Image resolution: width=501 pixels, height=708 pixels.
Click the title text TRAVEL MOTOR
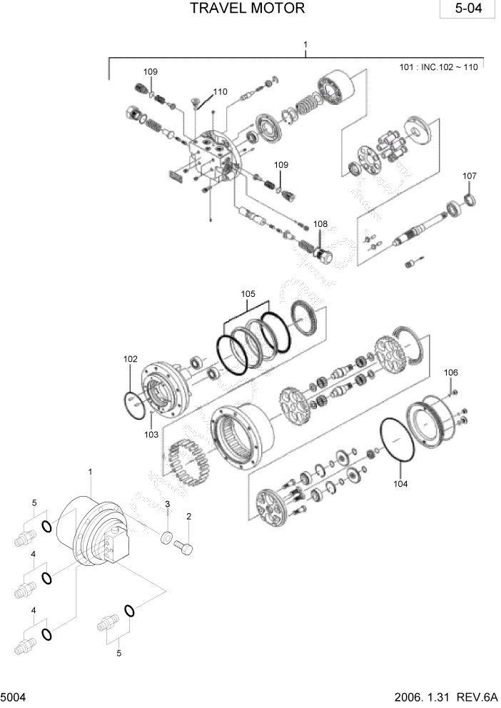(248, 9)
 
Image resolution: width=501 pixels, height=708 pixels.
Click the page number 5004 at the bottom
(14, 695)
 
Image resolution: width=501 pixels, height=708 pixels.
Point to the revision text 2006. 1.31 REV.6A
(442, 695)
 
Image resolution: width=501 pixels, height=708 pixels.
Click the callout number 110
(220, 91)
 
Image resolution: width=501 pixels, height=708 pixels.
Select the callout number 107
(469, 176)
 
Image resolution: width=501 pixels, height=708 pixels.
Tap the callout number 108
(320, 224)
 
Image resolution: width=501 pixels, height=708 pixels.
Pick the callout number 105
(248, 293)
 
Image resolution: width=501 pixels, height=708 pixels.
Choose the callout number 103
(151, 434)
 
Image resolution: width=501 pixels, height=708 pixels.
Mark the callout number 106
(452, 373)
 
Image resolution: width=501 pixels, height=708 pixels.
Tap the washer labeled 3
(166, 537)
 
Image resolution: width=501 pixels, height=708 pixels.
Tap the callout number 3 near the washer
(166, 505)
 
